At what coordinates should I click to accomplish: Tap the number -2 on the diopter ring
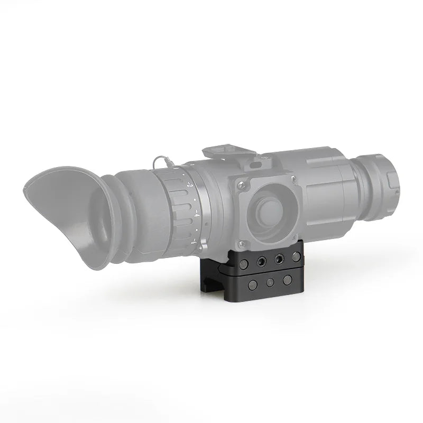click(189, 186)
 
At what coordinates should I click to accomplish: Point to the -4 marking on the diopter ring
click(196, 214)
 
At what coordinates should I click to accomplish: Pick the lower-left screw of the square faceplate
click(241, 243)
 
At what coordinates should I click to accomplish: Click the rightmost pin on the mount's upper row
click(293, 258)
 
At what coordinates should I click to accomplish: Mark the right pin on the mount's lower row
click(287, 279)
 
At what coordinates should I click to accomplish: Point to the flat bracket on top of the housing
click(231, 142)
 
